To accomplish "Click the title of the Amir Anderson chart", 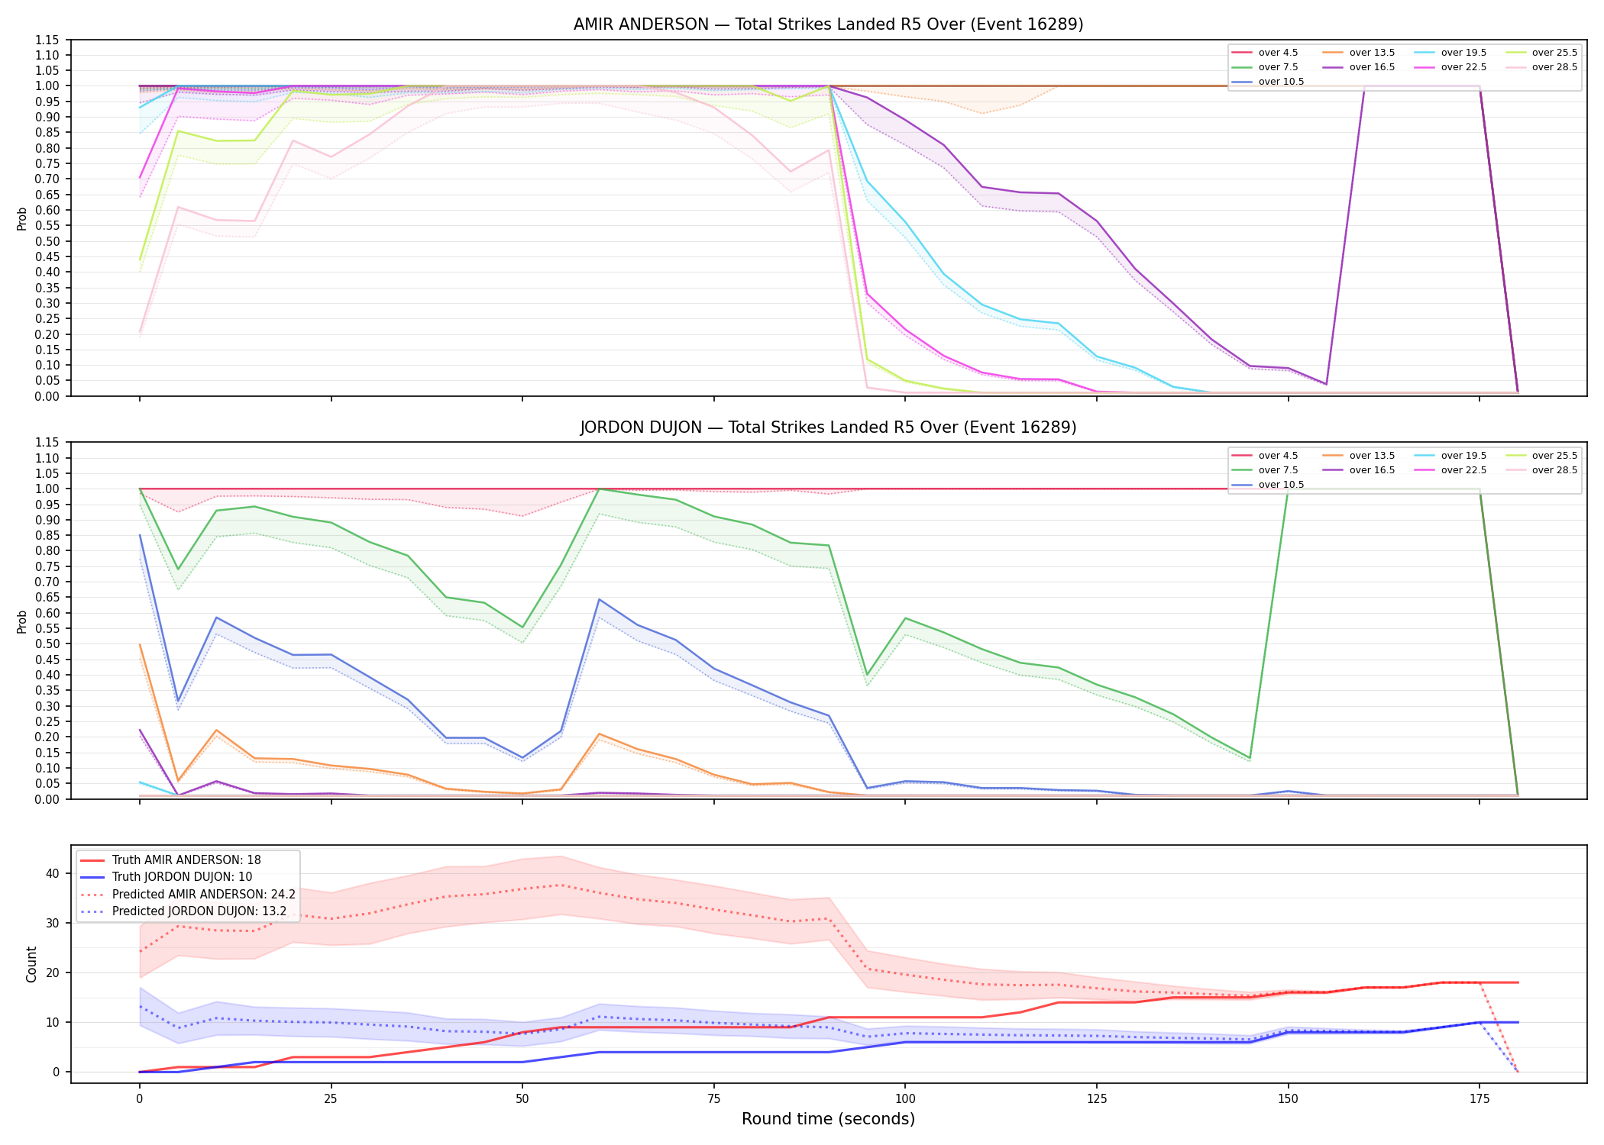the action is coord(828,24).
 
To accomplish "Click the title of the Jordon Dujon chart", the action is coord(828,427).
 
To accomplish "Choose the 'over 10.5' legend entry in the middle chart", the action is coord(1268,485).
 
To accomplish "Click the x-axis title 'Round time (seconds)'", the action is coord(828,1119).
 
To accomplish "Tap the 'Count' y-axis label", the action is coord(31,964).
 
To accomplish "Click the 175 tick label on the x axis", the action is coord(1479,1099).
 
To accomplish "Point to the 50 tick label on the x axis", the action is coord(522,1099).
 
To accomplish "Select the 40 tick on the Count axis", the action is coord(53,873).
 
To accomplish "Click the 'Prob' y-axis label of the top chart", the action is coord(22,219).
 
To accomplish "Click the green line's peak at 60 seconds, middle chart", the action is coord(600,489).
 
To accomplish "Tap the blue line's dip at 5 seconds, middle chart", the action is coord(178,701).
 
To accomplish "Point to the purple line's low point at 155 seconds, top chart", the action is coord(1326,384).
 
